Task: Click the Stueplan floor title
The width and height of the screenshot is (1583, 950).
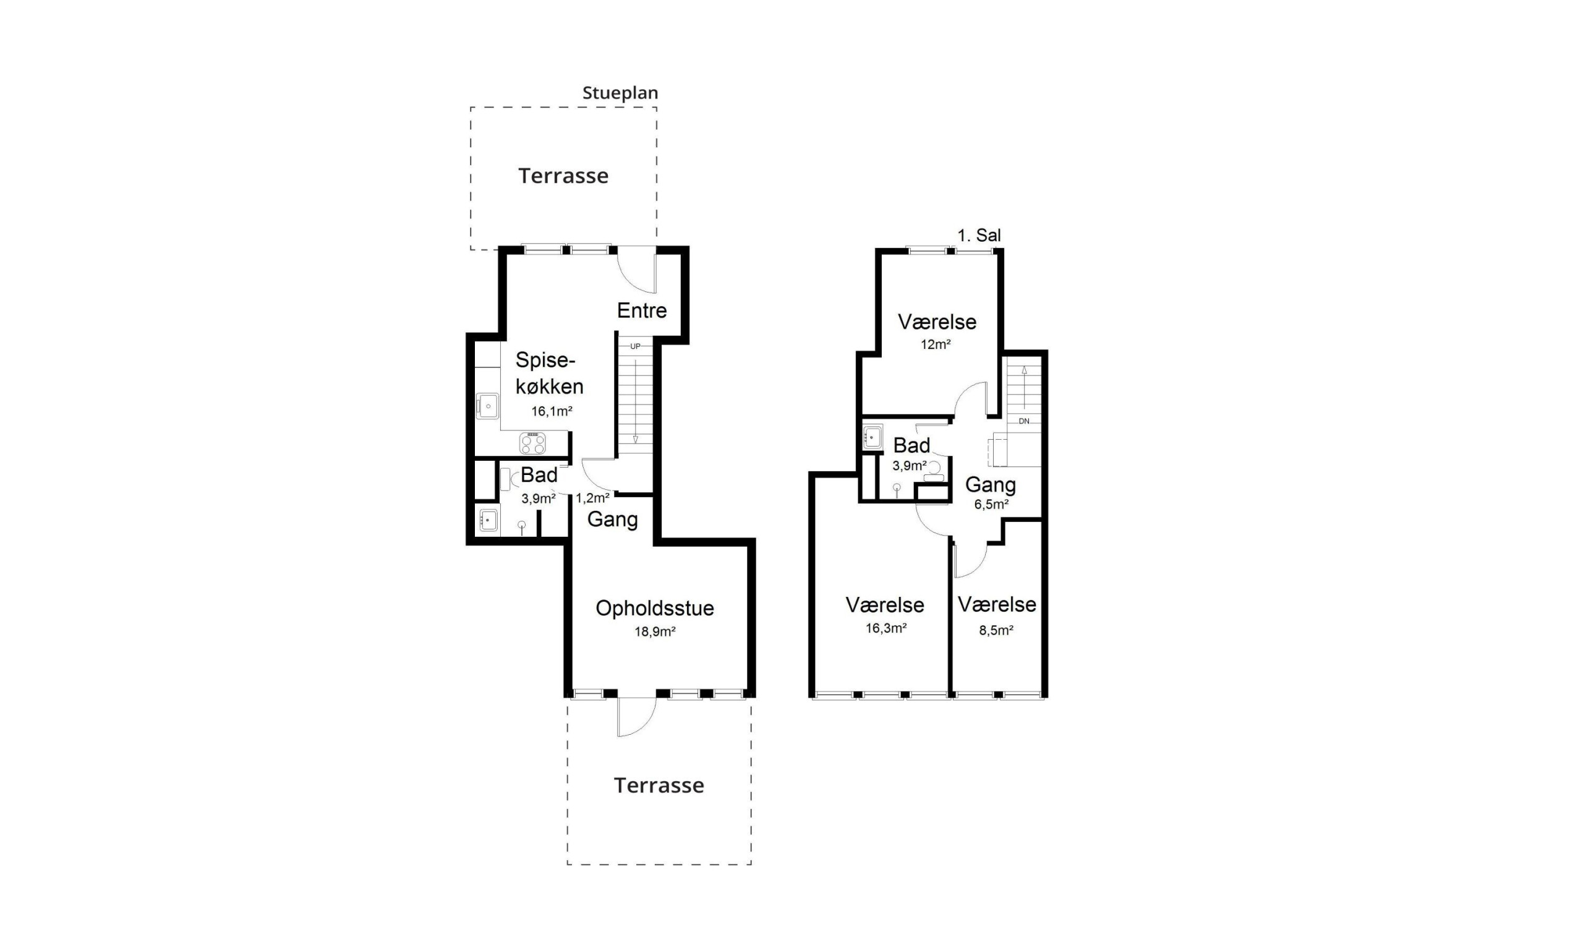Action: pos(620,93)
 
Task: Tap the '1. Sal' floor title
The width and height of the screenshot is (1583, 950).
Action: pos(979,236)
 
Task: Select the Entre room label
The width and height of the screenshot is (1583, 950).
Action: pos(642,310)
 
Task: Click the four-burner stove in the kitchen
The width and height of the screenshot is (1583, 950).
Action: pos(532,443)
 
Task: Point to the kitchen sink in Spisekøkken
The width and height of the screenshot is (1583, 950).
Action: pos(487,406)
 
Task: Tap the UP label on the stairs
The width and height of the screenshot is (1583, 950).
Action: pos(636,346)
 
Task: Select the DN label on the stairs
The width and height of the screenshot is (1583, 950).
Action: pos(1024,421)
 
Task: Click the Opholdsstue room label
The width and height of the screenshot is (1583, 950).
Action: pos(655,608)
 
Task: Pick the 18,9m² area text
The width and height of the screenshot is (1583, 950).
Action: pos(655,632)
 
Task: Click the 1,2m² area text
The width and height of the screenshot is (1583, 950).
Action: pos(592,498)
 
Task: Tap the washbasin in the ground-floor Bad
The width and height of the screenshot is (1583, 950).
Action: pos(489,520)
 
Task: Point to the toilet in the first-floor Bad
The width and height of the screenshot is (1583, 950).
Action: pos(934,471)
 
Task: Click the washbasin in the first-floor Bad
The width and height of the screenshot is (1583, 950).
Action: pos(873,437)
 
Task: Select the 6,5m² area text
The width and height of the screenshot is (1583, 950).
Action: pos(991,505)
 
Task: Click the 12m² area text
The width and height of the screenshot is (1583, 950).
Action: pos(936,344)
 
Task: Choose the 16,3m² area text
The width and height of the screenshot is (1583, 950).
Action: pos(886,628)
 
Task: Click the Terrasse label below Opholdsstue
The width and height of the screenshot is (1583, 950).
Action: pos(659,785)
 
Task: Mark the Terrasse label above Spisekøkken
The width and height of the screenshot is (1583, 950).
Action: pos(563,176)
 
